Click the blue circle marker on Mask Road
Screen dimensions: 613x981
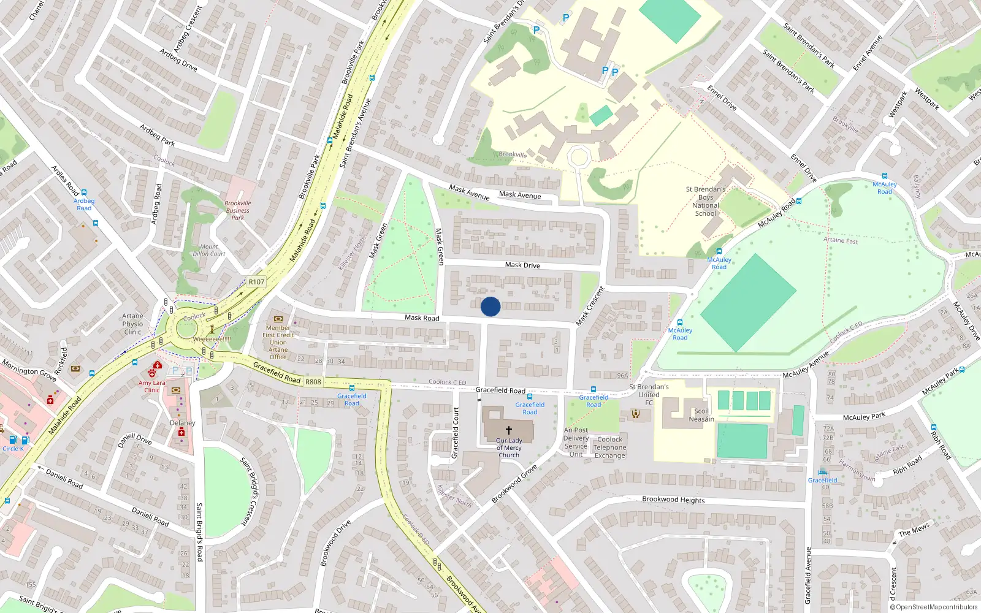coord(490,306)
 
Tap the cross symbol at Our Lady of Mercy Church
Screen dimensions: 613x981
coord(509,430)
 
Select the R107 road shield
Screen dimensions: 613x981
coord(256,282)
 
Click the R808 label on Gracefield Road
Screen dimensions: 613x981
coord(313,382)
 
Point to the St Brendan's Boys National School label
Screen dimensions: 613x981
coord(705,201)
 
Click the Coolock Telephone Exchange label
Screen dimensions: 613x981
coord(609,447)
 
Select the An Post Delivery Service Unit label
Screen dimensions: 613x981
coord(576,442)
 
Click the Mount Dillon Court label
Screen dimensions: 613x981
coord(209,250)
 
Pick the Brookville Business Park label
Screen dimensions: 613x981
coord(237,210)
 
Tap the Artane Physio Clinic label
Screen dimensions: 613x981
coord(132,324)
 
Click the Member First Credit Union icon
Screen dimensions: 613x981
coord(278,319)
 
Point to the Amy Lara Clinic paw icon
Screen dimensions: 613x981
coord(151,373)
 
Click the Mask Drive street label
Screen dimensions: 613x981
coord(522,265)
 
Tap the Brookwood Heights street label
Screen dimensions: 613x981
coord(673,500)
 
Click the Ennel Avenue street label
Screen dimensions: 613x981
coord(868,53)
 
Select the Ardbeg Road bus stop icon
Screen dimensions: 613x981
coord(84,192)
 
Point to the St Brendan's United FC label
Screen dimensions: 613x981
coord(649,395)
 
